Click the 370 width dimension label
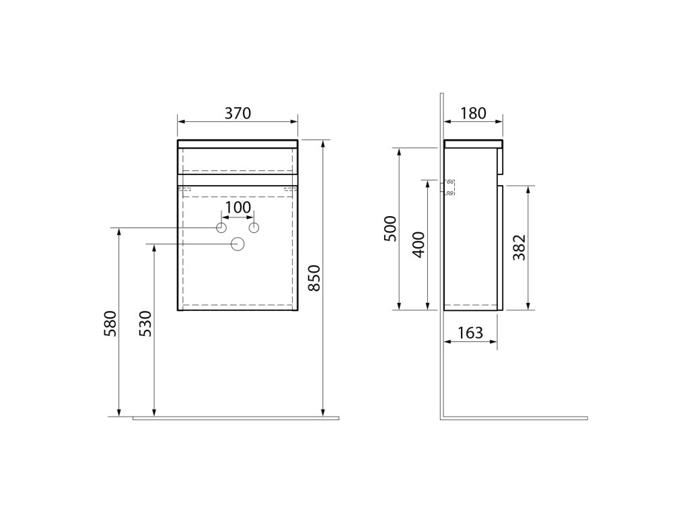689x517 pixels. (238, 113)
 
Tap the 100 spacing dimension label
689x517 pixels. (238, 207)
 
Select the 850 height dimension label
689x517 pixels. (314, 278)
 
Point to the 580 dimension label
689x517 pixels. (110, 324)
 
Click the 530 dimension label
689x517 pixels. (145, 324)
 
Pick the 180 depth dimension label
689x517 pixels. (473, 113)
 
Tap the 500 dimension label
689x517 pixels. (390, 229)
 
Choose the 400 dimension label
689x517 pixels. (419, 245)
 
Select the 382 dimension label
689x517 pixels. (519, 248)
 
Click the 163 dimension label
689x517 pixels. (470, 333)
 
